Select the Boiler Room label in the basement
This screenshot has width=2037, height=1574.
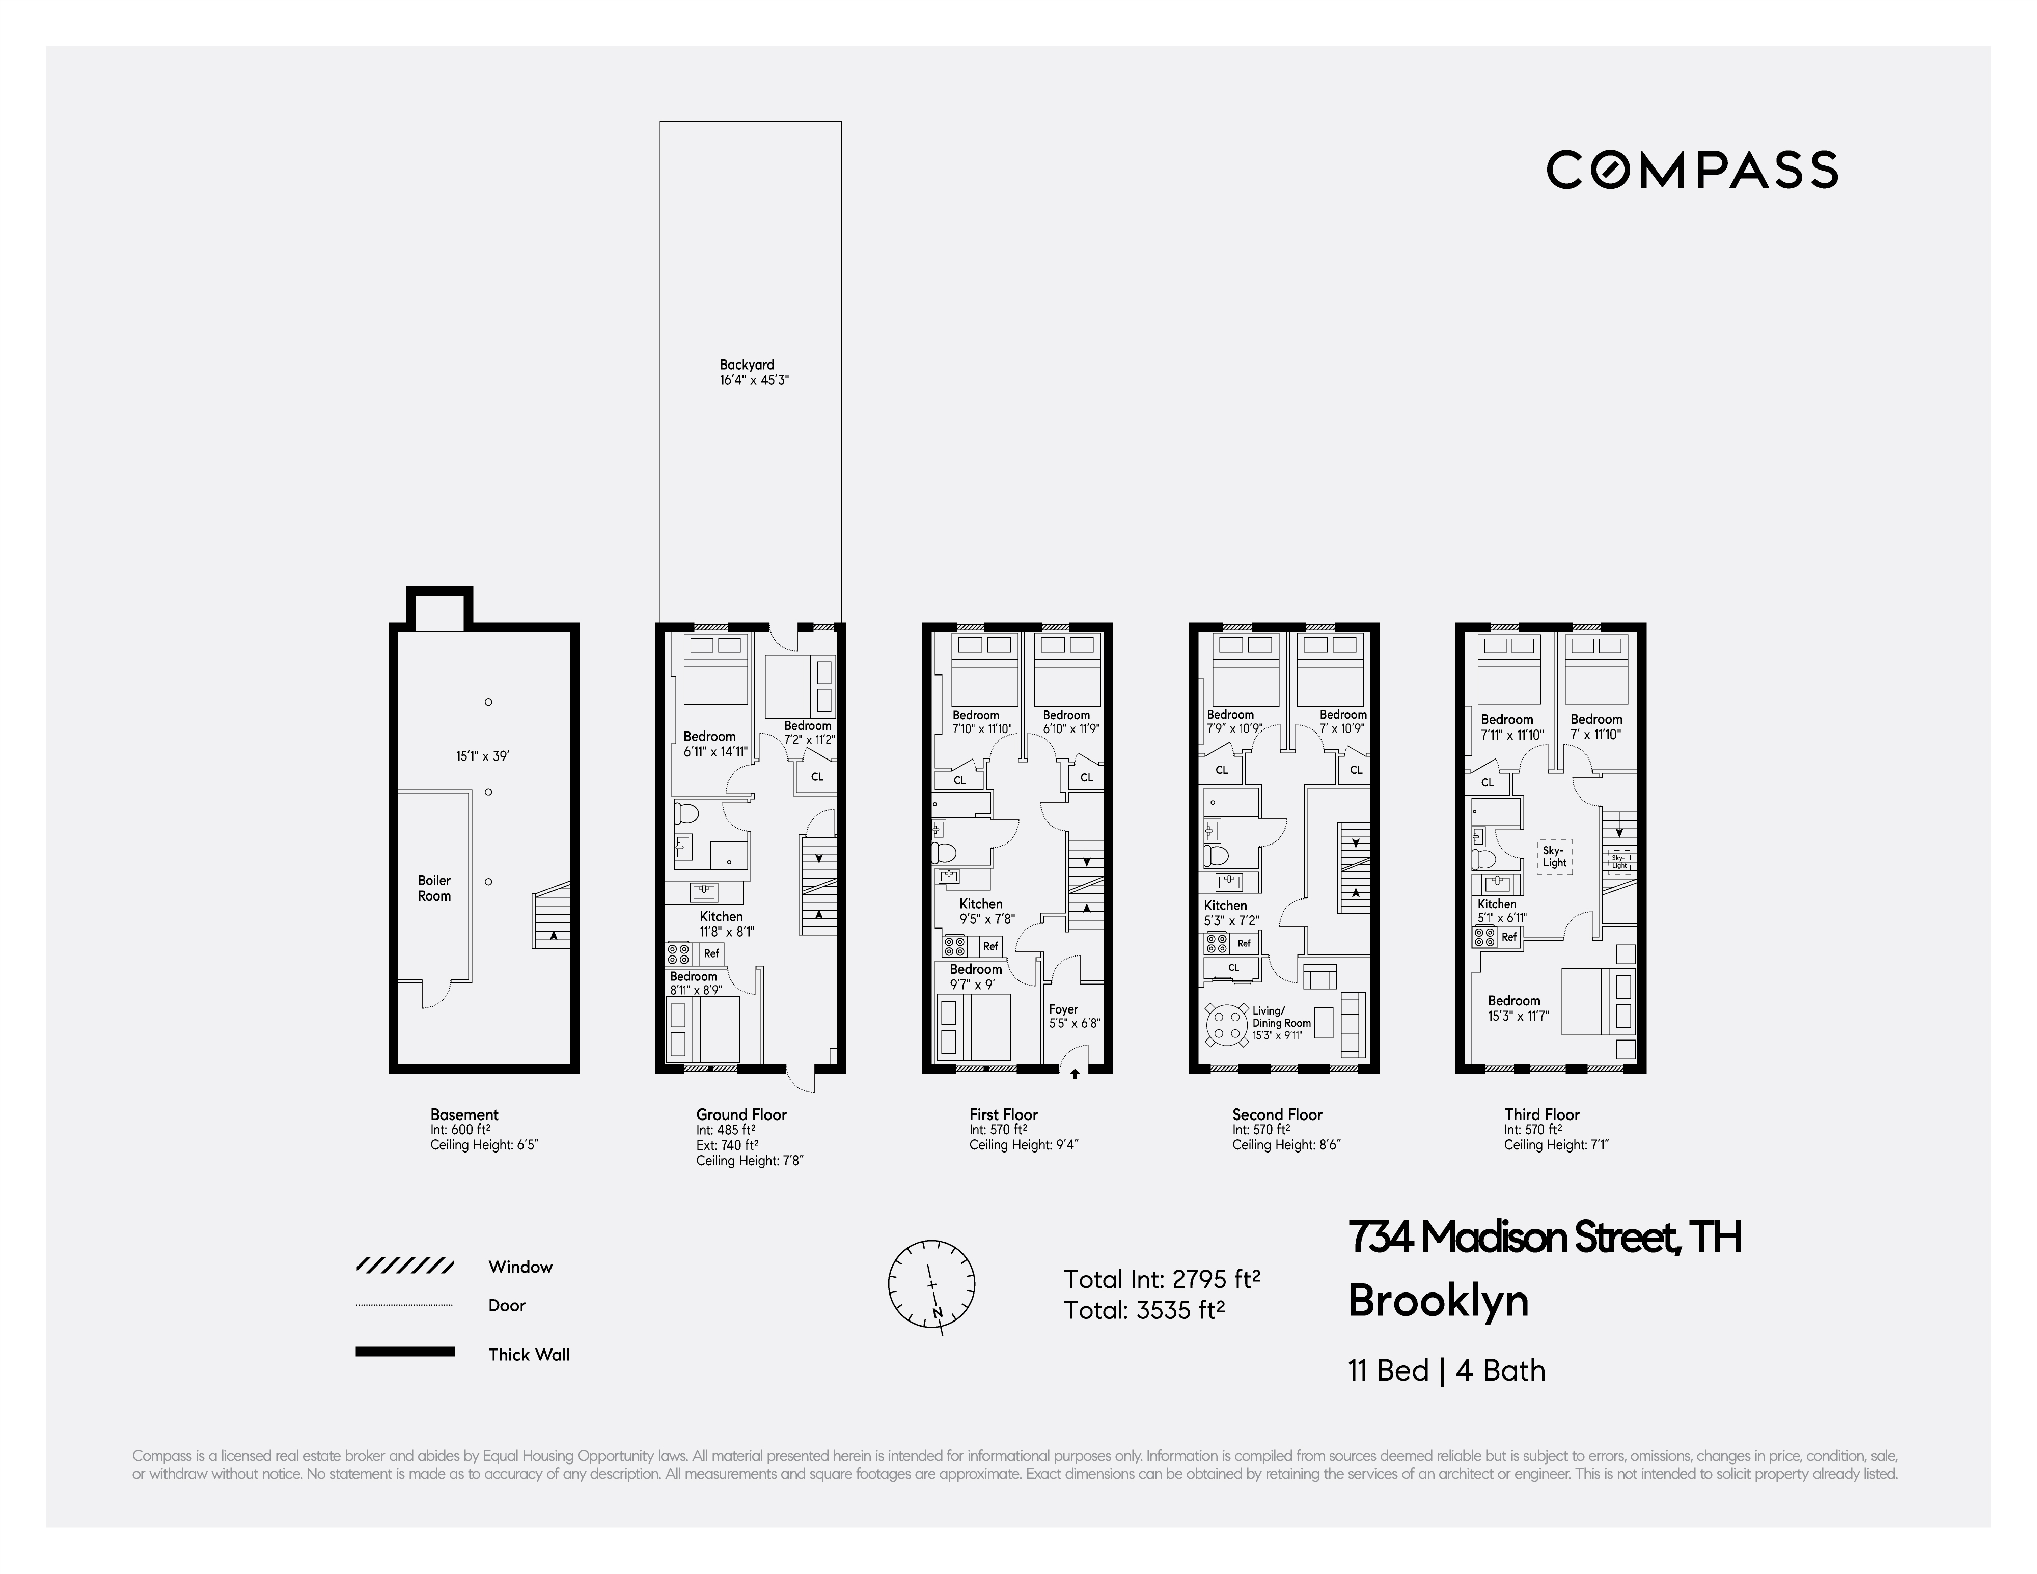pyautogui.click(x=434, y=888)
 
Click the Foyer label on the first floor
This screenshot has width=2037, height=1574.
pyautogui.click(x=1063, y=1009)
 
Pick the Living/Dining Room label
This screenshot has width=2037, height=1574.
pyautogui.click(x=1281, y=1017)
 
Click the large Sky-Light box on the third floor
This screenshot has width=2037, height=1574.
pyautogui.click(x=1555, y=857)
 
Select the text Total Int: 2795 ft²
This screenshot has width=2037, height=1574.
pyautogui.click(x=1162, y=1278)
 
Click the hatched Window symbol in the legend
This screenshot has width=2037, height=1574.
pyautogui.click(x=405, y=1267)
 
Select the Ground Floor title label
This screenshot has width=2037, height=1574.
pyautogui.click(x=741, y=1114)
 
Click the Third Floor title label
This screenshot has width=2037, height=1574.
pyautogui.click(x=1541, y=1114)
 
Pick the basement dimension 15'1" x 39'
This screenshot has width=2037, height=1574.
pyautogui.click(x=482, y=756)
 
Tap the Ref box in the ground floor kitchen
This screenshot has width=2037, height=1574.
pyautogui.click(x=711, y=953)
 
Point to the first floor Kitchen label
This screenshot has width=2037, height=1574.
pyautogui.click(x=981, y=904)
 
